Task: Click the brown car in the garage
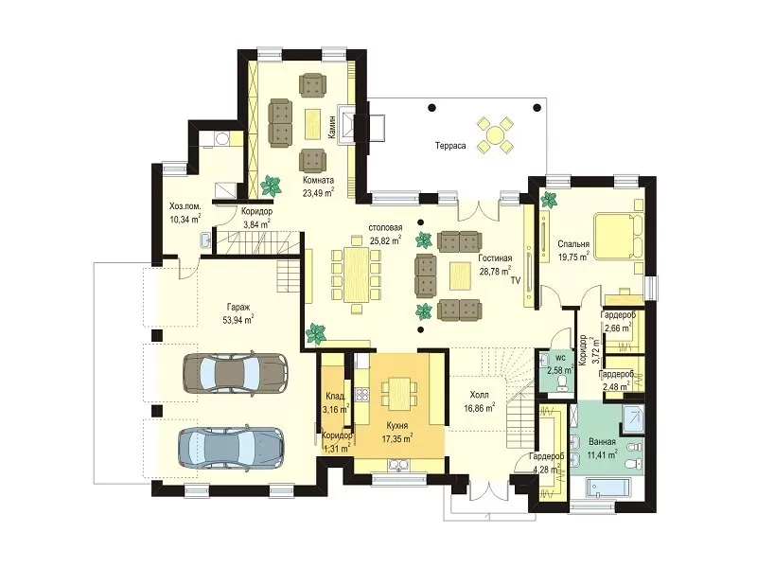[235, 373]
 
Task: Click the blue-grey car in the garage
[231, 446]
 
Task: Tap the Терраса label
[450, 146]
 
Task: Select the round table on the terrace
[495, 134]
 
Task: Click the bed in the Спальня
[619, 236]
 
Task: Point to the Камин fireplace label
[332, 127]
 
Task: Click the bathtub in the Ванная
[608, 488]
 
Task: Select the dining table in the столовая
[357, 275]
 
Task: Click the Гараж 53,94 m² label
[238, 313]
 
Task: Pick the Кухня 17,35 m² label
[396, 433]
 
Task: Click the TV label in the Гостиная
[516, 280]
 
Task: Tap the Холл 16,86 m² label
[479, 401]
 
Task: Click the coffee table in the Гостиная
[460, 275]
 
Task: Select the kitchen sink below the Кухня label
[398, 465]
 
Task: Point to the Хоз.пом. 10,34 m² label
[185, 213]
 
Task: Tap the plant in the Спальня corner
[549, 199]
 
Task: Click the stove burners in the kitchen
[362, 395]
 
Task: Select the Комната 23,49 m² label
[318, 186]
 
